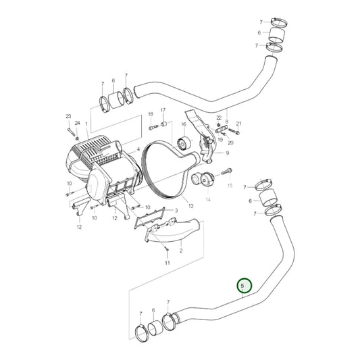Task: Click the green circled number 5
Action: pos(242,286)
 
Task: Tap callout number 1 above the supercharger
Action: pos(87,126)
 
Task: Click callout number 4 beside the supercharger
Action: pos(138,149)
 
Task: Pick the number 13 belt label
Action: pos(191,206)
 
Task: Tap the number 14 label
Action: pos(208,200)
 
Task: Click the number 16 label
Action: pos(183,124)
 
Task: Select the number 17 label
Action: pos(163,110)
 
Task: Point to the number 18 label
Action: pos(151,115)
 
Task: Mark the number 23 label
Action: pos(68,117)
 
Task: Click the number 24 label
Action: pos(77,123)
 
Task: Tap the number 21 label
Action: pos(238,124)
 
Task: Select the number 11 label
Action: pos(167,263)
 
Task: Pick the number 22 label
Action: pos(219,118)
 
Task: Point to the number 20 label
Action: pos(230,143)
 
